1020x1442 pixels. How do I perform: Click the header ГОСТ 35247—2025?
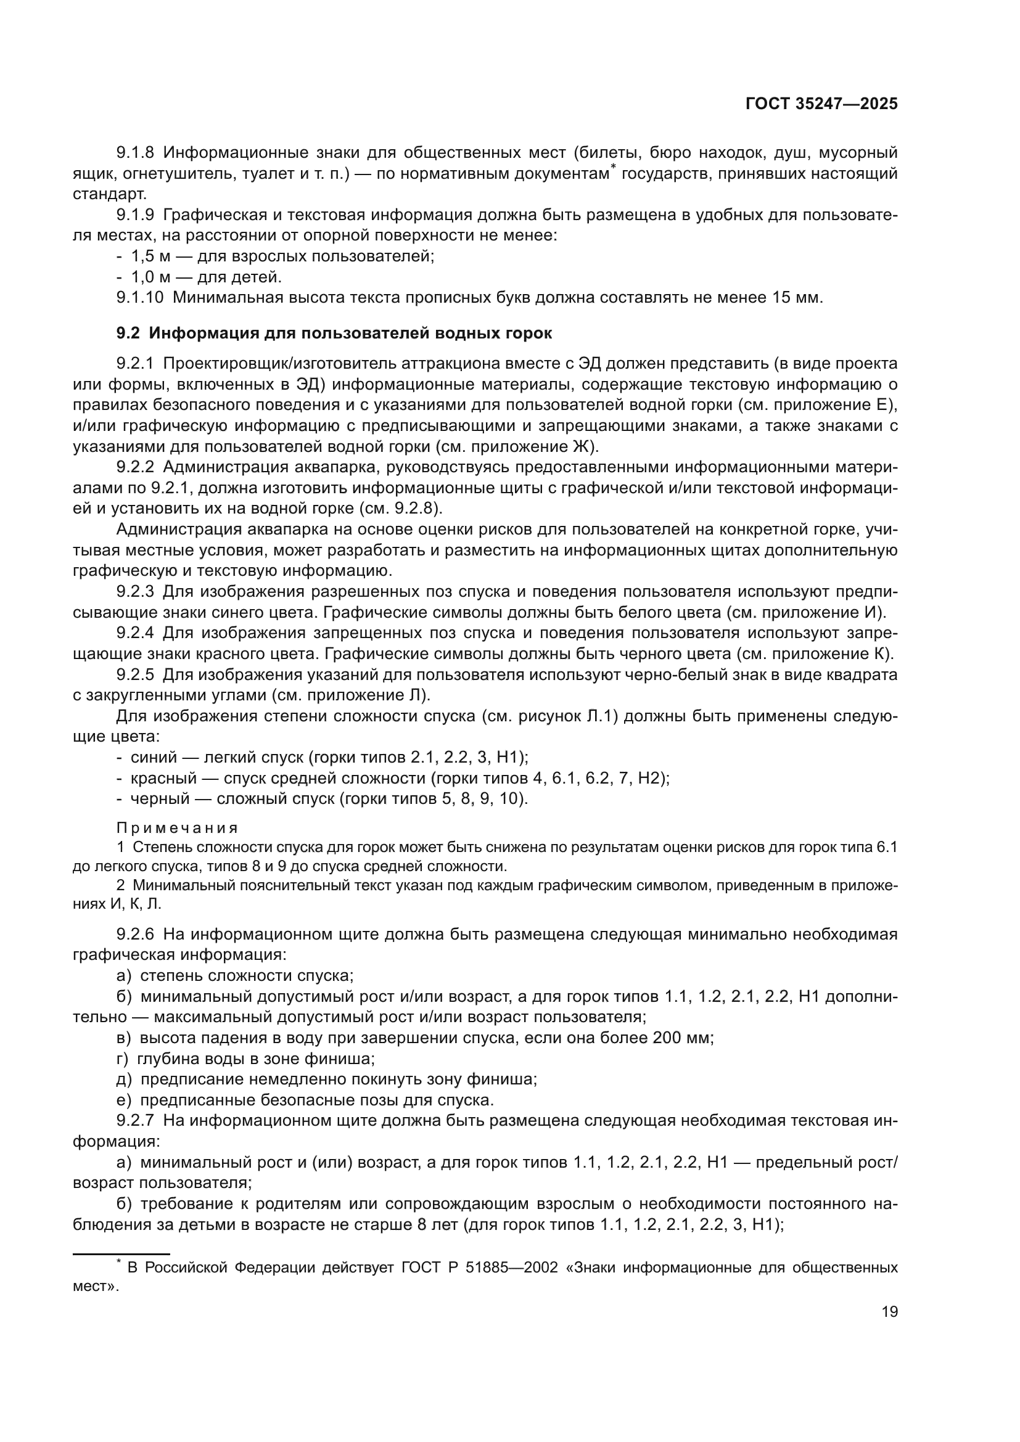[821, 104]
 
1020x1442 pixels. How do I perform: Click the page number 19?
[889, 1311]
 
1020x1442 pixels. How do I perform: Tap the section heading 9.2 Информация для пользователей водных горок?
[334, 334]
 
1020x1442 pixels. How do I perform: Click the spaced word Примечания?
[177, 828]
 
